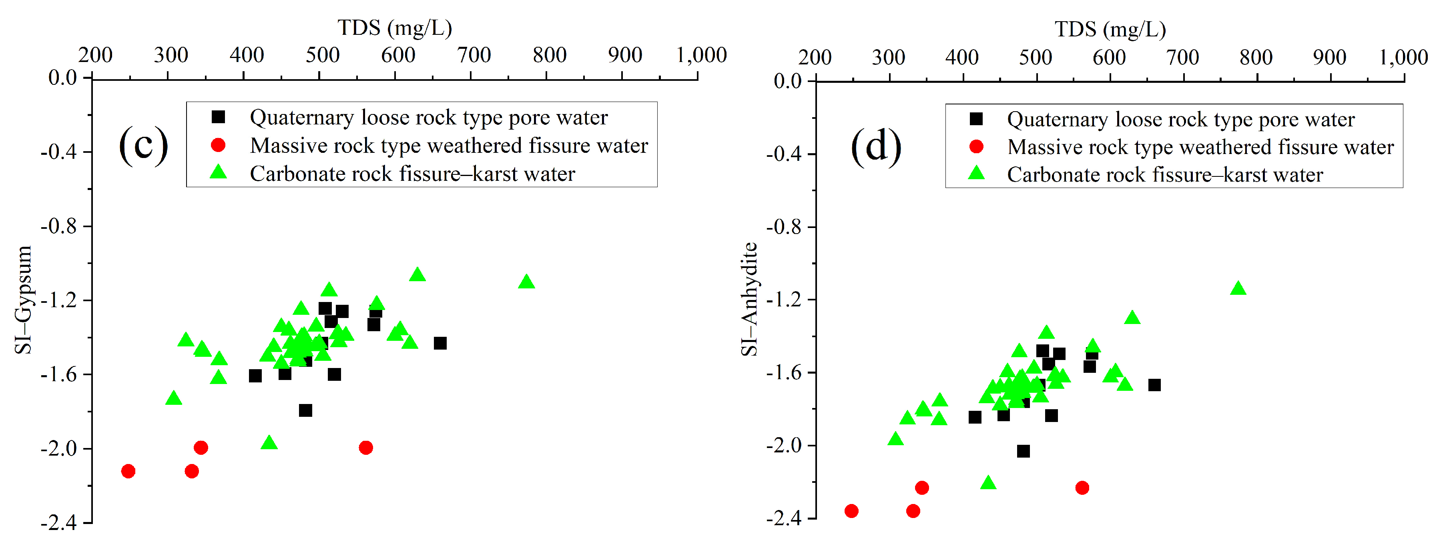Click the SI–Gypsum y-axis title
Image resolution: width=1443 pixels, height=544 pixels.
click(x=24, y=300)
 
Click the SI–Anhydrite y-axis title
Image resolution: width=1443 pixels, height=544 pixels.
click(x=749, y=300)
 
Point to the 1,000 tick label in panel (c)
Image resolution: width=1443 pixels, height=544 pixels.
click(x=701, y=55)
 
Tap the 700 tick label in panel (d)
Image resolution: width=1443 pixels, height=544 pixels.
click(x=1182, y=57)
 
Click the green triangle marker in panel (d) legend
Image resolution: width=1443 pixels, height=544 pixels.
click(x=976, y=174)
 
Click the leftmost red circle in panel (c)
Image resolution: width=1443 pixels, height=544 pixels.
click(x=128, y=471)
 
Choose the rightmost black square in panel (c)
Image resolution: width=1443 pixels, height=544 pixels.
click(x=440, y=343)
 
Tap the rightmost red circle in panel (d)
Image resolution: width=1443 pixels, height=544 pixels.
click(x=1082, y=488)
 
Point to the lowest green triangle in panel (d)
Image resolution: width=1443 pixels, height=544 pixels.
click(x=988, y=483)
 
